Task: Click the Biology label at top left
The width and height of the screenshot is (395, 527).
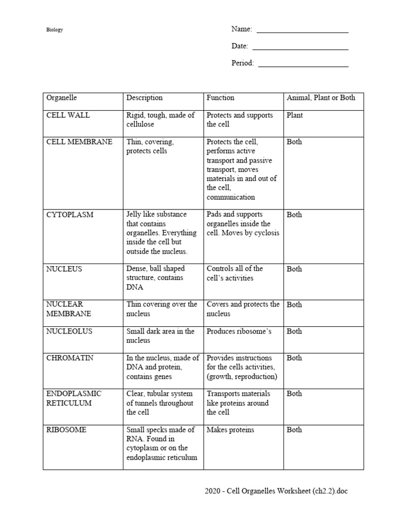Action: click(x=55, y=30)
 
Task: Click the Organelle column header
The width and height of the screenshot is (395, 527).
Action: click(x=61, y=97)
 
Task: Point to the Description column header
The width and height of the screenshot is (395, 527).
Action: click(x=145, y=97)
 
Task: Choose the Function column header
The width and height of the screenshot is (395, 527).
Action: click(x=220, y=97)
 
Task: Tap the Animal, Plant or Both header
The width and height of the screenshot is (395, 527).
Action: click(x=320, y=97)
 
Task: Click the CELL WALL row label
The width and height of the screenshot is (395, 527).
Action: click(x=68, y=115)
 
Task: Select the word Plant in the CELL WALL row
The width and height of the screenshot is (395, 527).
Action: click(x=295, y=115)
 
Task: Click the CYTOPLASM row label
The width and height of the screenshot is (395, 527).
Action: click(x=70, y=215)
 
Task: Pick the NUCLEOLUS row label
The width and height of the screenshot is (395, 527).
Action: click(x=69, y=331)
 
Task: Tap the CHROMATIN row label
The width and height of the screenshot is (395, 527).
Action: click(x=70, y=358)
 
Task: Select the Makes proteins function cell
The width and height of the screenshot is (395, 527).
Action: click(x=230, y=430)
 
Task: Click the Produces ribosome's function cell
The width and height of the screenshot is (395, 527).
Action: click(x=239, y=331)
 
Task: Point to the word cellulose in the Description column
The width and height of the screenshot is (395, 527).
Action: click(x=140, y=125)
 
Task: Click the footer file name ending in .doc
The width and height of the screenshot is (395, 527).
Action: click(x=276, y=491)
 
